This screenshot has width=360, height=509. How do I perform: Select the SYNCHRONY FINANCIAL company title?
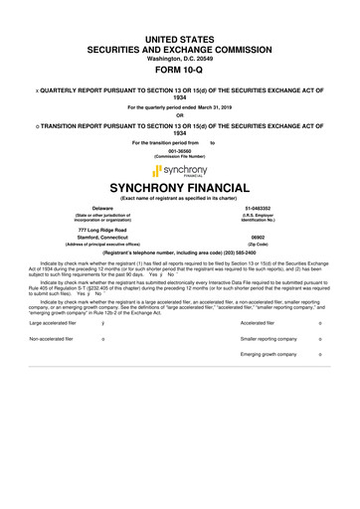pyautogui.click(x=179, y=188)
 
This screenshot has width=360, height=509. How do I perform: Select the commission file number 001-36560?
pyautogui.click(x=179, y=150)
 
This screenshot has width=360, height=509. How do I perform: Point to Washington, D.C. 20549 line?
pyautogui.click(x=179, y=58)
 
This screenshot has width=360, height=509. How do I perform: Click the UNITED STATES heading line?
pyautogui.click(x=179, y=37)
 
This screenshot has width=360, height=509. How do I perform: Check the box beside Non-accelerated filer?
pyautogui.click(x=103, y=338)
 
